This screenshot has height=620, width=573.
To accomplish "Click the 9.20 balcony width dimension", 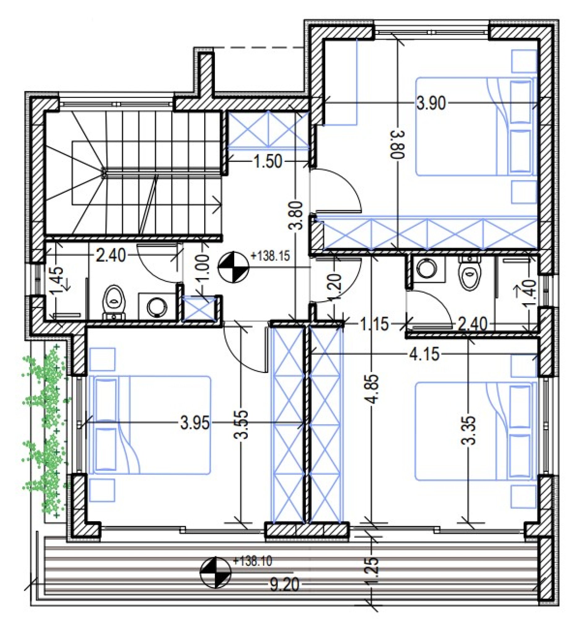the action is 284,585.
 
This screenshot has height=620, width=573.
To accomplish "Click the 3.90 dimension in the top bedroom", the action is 431,103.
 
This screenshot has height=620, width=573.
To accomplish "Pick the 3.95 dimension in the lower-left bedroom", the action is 195,423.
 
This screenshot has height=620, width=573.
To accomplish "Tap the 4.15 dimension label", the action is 424,354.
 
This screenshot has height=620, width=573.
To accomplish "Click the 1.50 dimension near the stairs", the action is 268,162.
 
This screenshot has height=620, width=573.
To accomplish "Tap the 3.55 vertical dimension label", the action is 241,424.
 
